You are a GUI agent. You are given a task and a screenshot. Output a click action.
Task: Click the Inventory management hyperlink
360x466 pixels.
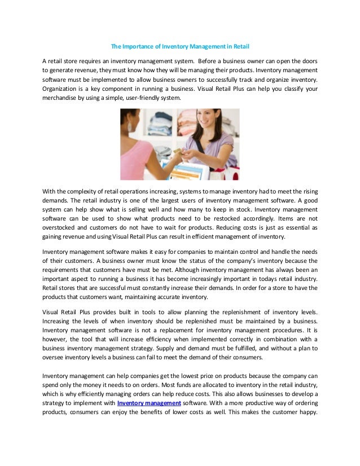(149, 402)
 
